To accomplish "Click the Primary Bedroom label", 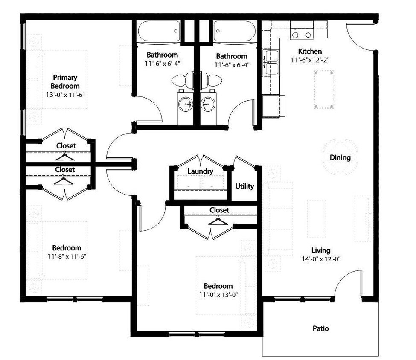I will pos(65,82).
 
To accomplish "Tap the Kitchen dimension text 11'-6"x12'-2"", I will pos(311,60).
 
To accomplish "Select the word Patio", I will pos(320,328).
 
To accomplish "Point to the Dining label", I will pos(340,157).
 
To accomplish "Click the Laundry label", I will pos(200,171).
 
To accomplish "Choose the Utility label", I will pos(244,186).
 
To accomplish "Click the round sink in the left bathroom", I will pos(186,104).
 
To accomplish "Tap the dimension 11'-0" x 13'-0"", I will pos(218,294).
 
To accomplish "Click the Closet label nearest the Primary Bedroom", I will pos(66,146).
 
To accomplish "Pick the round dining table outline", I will pos(340,158).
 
